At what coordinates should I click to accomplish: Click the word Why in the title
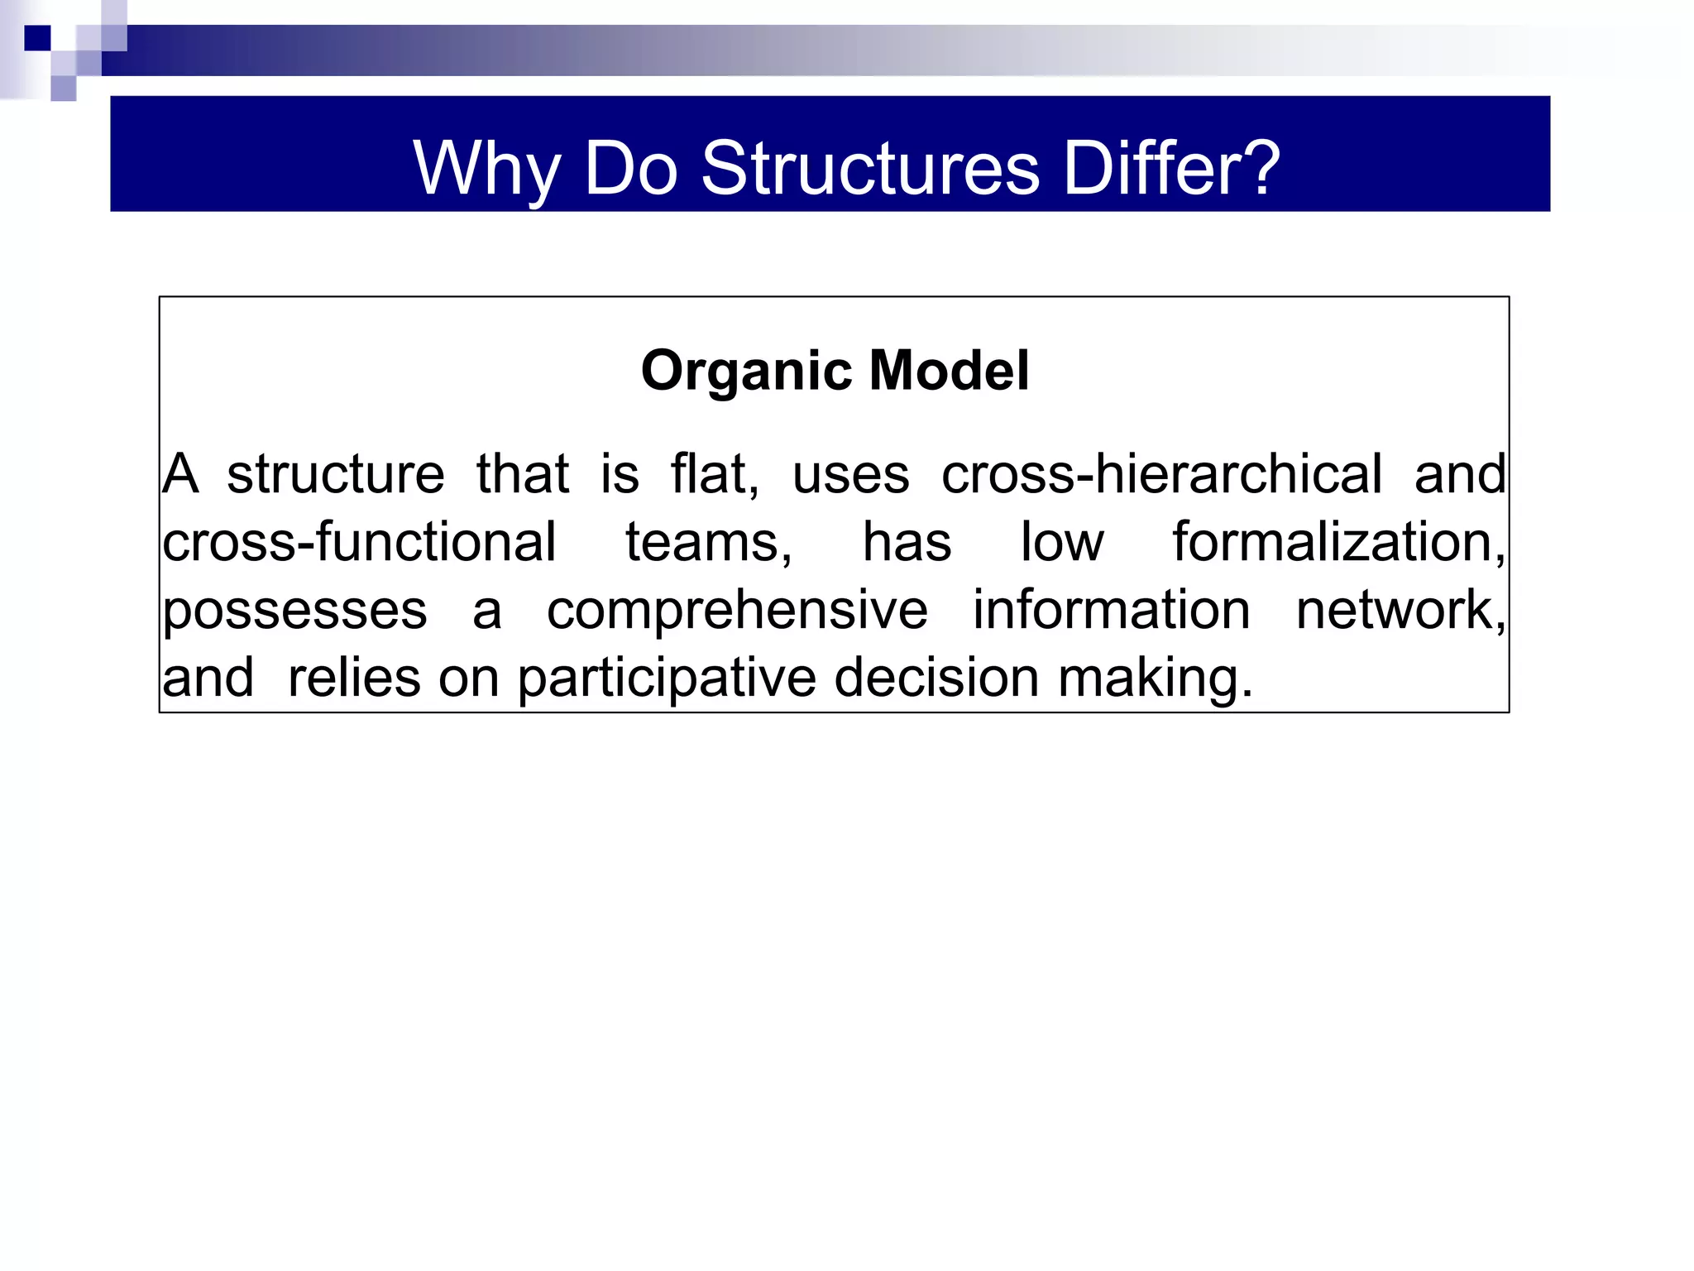pos(486,169)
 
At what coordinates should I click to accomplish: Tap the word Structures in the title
pos(870,169)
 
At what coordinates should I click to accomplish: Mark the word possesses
pos(294,611)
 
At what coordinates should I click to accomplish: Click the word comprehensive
pos(737,611)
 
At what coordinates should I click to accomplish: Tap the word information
pos(1111,611)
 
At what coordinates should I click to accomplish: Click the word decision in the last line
pos(936,679)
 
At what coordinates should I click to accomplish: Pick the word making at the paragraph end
pos(1155,679)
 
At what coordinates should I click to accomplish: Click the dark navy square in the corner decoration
pos(37,38)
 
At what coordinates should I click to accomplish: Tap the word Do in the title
pos(630,169)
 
